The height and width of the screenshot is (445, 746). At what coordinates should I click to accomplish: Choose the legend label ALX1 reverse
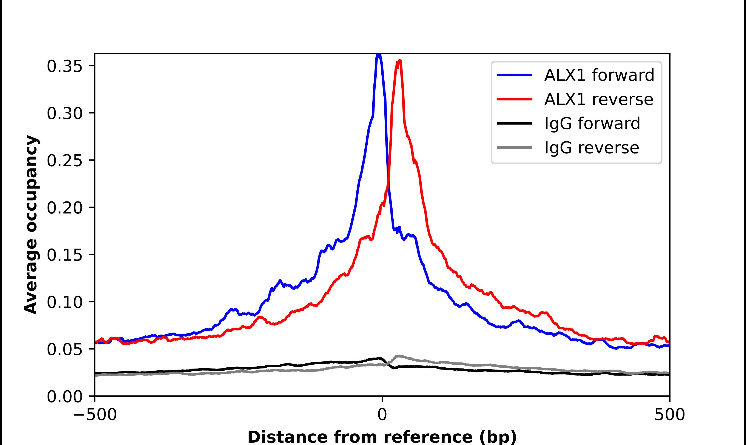tap(598, 99)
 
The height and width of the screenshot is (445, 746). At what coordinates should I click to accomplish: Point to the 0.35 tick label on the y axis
tap(65, 66)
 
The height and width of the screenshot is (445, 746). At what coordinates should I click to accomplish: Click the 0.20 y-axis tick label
tap(65, 207)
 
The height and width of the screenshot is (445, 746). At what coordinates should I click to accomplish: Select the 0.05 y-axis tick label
tap(65, 349)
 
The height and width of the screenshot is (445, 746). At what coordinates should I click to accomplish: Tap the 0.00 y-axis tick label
tap(65, 397)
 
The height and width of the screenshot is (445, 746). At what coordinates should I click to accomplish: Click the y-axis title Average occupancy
tap(31, 225)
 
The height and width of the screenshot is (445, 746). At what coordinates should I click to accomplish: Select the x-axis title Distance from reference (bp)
tap(382, 437)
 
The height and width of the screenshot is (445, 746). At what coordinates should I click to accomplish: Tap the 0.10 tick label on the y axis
tap(65, 302)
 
